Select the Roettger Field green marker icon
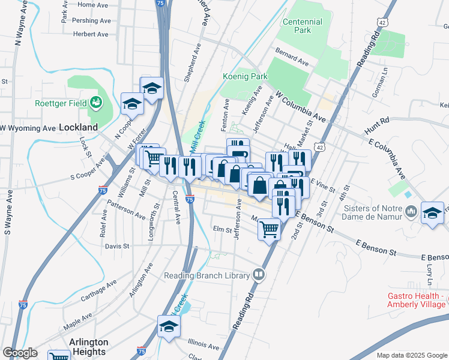tap(95, 103)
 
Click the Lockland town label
tap(78, 127)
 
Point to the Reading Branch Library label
tap(207, 275)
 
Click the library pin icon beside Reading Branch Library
tap(259, 275)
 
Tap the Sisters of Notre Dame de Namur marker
tap(412, 211)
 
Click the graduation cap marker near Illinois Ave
tap(169, 327)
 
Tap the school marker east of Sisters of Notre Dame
tap(433, 214)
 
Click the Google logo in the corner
tap(20, 353)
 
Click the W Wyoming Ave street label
tap(28, 128)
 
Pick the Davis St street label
tap(117, 246)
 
